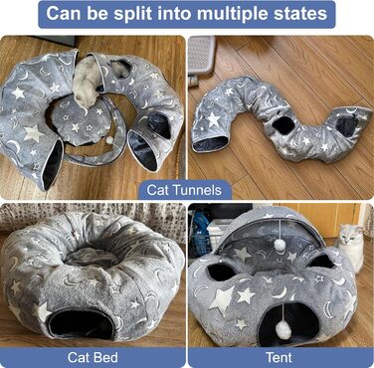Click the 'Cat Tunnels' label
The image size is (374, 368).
(x=184, y=190)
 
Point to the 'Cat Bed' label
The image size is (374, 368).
(x=93, y=357)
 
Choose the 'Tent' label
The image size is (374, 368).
(x=279, y=357)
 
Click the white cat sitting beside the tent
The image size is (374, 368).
(x=350, y=246)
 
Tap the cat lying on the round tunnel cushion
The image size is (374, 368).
(x=86, y=83)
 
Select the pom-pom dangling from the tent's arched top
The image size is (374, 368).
(x=280, y=245)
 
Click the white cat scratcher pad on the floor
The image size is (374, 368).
(x=202, y=55)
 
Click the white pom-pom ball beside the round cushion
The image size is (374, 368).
(x=108, y=140)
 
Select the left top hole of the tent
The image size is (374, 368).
(x=220, y=272)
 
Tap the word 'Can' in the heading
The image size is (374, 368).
(x=63, y=14)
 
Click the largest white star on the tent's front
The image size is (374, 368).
(x=222, y=300)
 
